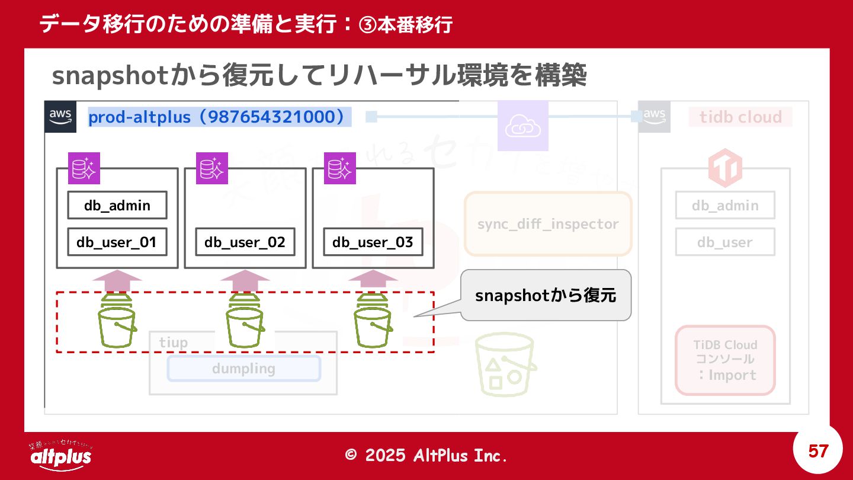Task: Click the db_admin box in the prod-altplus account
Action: point(117,206)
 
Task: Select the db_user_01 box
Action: point(117,242)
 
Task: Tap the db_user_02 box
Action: point(245,242)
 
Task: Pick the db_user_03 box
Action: point(373,242)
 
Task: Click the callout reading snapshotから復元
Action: point(546,295)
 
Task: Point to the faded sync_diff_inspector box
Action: point(548,224)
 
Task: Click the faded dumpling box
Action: point(243,369)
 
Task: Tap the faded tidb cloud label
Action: point(740,117)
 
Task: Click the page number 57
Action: point(818,452)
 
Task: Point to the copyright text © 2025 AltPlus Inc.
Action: point(426,455)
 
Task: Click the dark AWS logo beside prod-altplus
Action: point(61,116)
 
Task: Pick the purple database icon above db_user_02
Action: point(212,168)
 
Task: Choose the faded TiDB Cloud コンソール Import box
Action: point(725,360)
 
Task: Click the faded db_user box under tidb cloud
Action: point(725,242)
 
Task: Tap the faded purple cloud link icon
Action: point(523,126)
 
